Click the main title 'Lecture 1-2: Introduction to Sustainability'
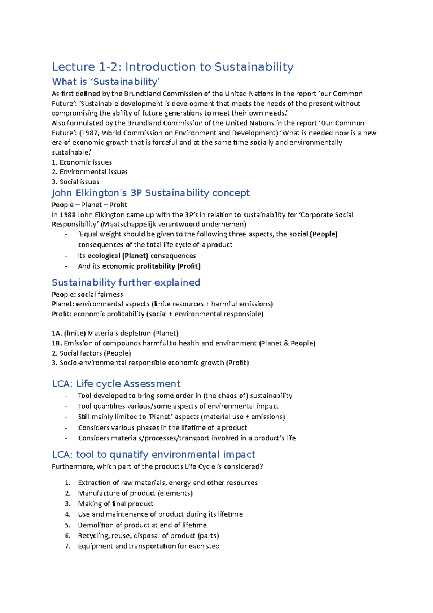172,67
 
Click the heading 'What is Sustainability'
106,82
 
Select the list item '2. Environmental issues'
89,172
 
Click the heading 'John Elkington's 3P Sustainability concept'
150,193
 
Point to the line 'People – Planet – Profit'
89,205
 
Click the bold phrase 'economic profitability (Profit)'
152,266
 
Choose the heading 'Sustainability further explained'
126,283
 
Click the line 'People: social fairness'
87,295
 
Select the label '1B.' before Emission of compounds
57,343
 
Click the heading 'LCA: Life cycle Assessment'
116,384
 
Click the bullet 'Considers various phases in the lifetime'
162,428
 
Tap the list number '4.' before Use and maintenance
68,514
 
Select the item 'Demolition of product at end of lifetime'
142,525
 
